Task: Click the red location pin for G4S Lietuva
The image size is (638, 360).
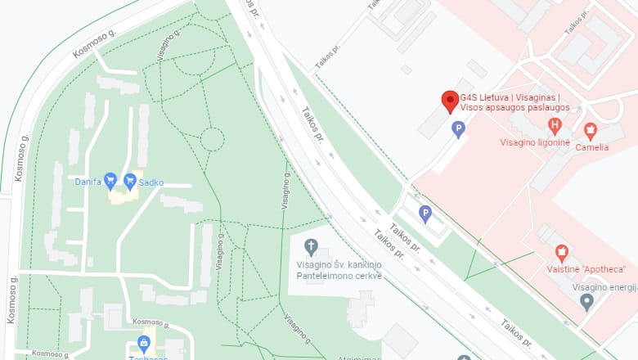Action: pos(449,101)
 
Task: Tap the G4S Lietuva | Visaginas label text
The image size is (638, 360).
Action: pos(522,97)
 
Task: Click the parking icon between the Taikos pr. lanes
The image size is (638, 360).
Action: pos(425,214)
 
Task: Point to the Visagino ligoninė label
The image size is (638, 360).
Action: pos(535,142)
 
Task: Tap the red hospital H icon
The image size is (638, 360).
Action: pos(555,126)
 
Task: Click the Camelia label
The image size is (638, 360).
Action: pos(591,147)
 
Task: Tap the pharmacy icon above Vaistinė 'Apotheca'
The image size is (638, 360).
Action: pos(561,252)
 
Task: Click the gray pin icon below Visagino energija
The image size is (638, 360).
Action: pos(586,302)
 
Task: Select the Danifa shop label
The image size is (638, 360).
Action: pos(88,182)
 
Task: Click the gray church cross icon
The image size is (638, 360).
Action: pos(311,246)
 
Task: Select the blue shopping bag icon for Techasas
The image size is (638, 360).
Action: pos(144,343)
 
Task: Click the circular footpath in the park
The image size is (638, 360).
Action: pos(212,139)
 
